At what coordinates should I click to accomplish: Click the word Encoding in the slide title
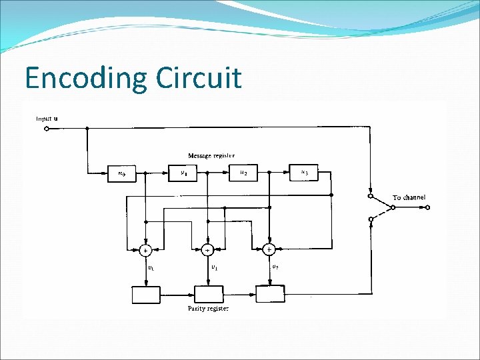point(85,79)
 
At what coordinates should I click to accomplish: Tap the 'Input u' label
point(47,119)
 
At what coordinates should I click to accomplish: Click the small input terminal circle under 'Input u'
point(46,129)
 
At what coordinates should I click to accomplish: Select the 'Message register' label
point(211,155)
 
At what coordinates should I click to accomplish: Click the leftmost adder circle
point(145,251)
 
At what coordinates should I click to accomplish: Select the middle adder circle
point(207,251)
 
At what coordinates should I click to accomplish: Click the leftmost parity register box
point(145,294)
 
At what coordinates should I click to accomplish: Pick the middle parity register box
point(208,294)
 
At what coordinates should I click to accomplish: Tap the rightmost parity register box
point(270,293)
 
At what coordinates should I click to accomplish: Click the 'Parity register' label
point(207,309)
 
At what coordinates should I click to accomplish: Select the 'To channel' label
point(409,197)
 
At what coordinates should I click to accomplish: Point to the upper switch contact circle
point(371,196)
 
